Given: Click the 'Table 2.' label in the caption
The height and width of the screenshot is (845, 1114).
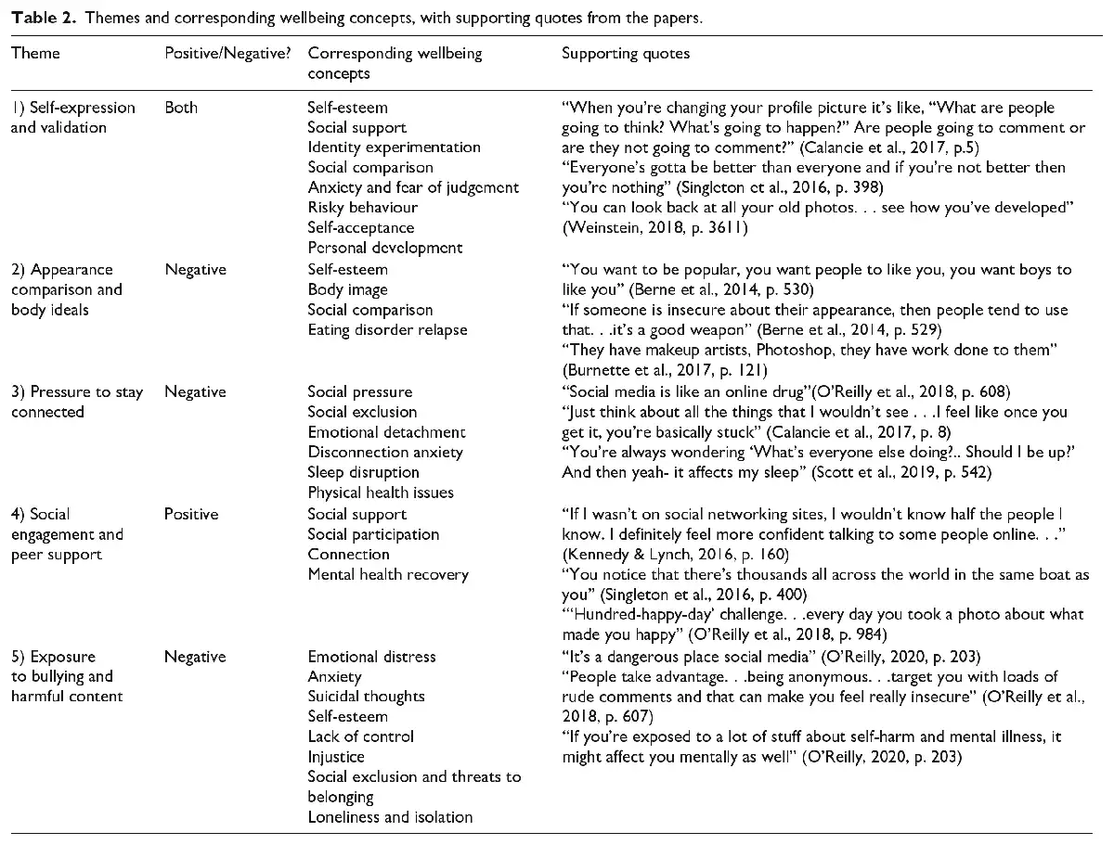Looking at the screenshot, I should point(36,16).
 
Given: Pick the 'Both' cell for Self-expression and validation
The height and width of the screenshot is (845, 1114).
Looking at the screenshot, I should point(181,107).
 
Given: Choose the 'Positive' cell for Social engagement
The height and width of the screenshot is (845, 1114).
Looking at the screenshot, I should point(191,514).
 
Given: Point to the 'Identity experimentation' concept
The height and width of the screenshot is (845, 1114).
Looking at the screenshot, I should point(394,147).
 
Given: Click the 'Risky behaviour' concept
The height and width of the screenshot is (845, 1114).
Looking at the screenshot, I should point(362,208).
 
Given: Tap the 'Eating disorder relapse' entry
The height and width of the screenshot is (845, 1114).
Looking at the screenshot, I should point(387,330).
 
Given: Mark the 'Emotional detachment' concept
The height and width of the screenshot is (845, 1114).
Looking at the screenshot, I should point(386,432).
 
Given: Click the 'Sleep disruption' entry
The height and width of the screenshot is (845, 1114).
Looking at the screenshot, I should point(363,472).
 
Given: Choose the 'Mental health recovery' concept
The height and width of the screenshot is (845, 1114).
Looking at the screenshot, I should point(388,574).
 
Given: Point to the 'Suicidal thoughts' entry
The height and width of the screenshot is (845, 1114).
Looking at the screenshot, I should point(366,696).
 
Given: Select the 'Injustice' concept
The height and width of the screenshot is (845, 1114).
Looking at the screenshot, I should point(336,757).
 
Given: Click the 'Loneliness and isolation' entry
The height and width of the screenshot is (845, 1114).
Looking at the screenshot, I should point(390,817).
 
